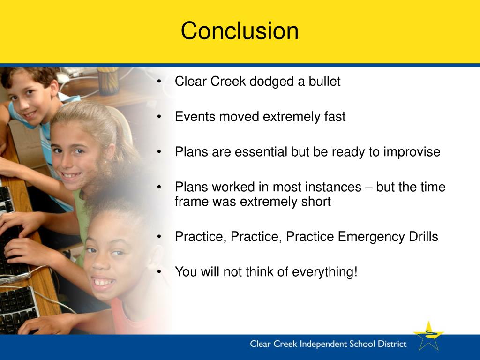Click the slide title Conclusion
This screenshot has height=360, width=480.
pos(240,30)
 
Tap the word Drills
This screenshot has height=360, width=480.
pos(424,236)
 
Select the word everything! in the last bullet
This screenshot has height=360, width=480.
pos(325,272)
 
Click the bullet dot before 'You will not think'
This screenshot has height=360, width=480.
pos(159,271)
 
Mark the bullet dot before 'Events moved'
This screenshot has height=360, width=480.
pos(159,117)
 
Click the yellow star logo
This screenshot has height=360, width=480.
pos(428,336)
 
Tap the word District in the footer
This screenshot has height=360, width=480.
pos(392,344)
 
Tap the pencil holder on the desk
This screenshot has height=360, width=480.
pos(108,81)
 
